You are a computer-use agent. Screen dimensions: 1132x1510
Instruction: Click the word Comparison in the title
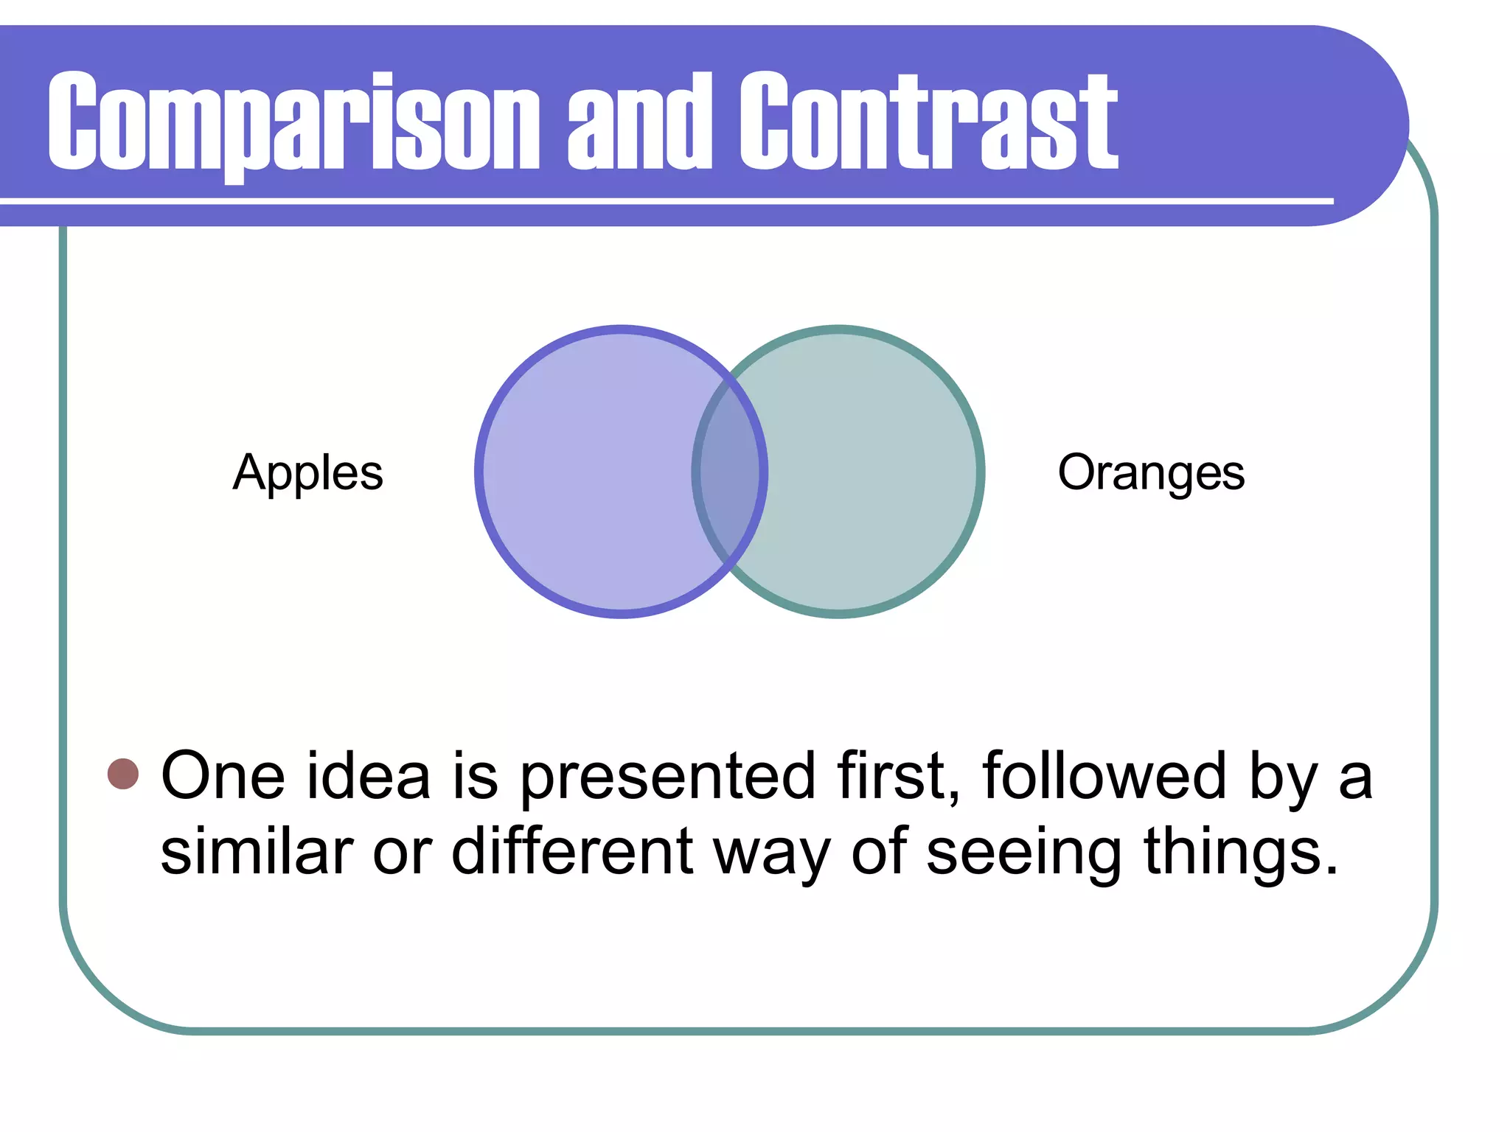(x=293, y=122)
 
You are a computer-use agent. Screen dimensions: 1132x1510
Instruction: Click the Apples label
(x=308, y=473)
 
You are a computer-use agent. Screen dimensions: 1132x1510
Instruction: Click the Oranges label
(x=1151, y=473)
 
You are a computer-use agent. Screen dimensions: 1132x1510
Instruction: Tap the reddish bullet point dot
(x=123, y=774)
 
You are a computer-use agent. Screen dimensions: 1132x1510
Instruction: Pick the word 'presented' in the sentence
(x=667, y=778)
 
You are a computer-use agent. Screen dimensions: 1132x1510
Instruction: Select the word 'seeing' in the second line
(x=1023, y=855)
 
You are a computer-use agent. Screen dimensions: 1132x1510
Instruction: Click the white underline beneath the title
(x=664, y=201)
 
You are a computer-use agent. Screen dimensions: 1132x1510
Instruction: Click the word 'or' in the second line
(x=402, y=855)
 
